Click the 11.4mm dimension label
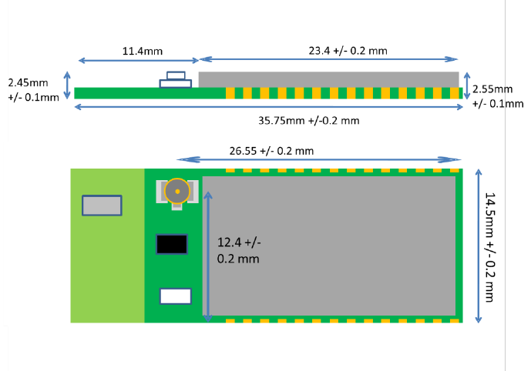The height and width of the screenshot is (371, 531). [x=143, y=51]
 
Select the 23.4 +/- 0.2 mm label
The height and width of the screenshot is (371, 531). [x=348, y=51]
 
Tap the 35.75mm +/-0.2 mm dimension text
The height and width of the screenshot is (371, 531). [x=309, y=120]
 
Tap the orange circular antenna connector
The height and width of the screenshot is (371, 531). [x=178, y=190]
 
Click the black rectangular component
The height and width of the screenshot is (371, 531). [x=172, y=244]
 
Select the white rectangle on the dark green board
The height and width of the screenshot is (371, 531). [x=175, y=296]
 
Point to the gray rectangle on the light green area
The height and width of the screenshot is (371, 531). [x=102, y=206]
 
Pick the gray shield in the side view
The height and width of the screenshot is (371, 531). [x=328, y=79]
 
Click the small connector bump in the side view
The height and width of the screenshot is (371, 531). [x=176, y=80]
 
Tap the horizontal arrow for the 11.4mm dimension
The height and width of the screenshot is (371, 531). [x=139, y=60]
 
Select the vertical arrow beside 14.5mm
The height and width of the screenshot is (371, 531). [x=479, y=245]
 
